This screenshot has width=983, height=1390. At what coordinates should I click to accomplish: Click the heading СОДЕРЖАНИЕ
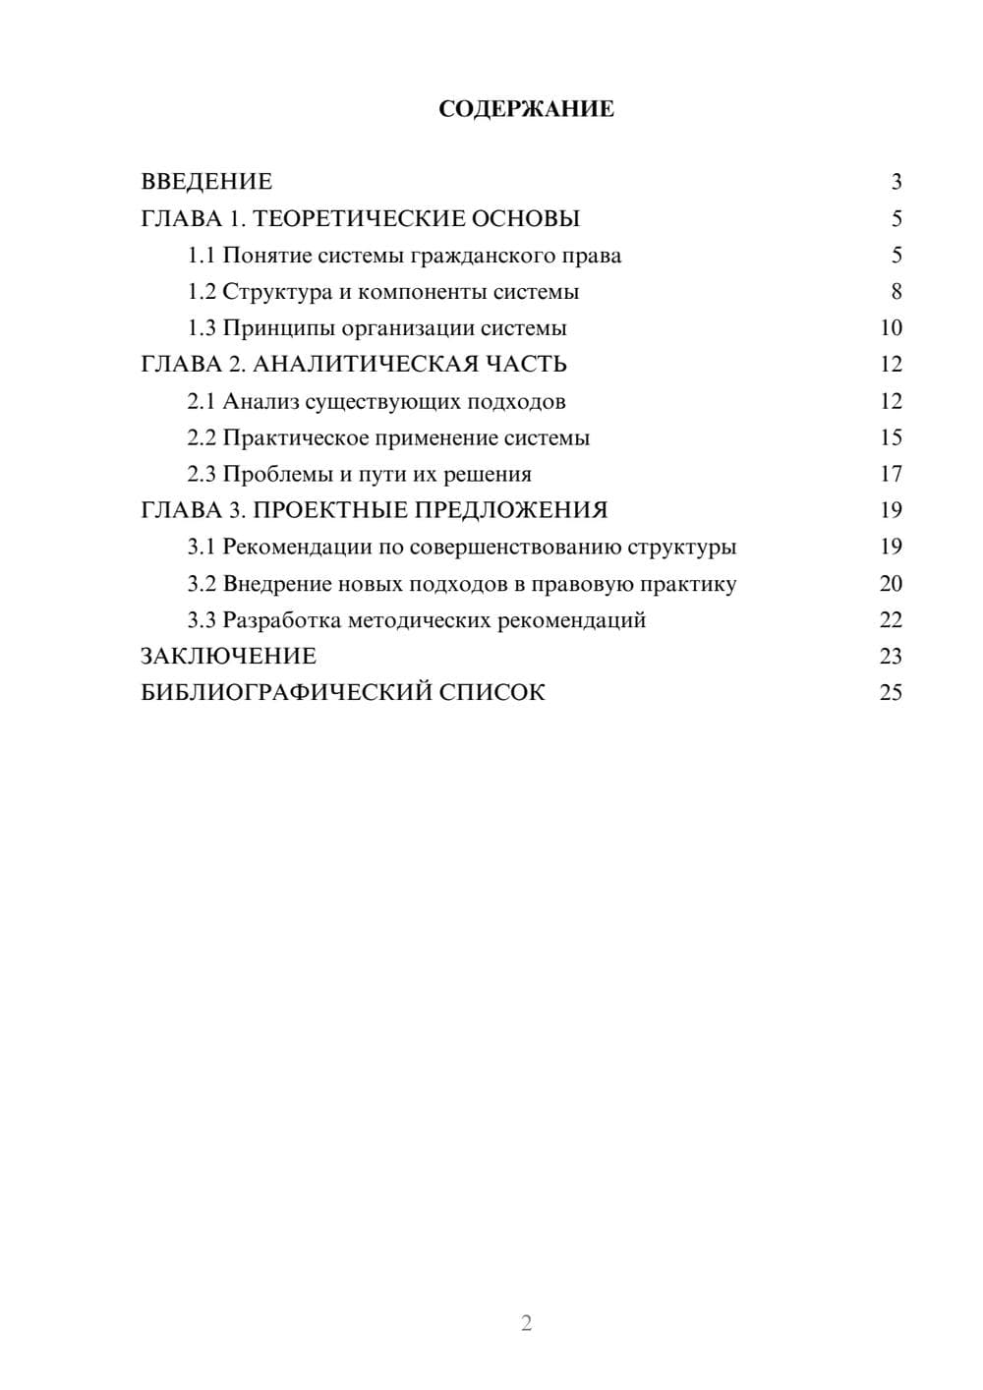click(x=526, y=109)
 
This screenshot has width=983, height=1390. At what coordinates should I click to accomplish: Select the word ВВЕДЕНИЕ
click(x=206, y=182)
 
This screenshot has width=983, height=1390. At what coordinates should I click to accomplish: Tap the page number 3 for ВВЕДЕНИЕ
click(x=896, y=182)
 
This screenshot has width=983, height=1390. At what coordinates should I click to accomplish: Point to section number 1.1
click(x=201, y=256)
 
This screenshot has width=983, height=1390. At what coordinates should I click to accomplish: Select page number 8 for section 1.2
click(x=896, y=292)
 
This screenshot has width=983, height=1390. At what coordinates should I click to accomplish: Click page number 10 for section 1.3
click(x=891, y=328)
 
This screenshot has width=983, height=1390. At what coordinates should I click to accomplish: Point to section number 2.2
click(x=201, y=437)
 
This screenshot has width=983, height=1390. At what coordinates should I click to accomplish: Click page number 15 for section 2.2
click(x=891, y=437)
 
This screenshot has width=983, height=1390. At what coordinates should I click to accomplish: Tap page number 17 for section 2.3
click(x=891, y=474)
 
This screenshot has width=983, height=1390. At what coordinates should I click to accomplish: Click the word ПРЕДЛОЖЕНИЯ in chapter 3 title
click(x=509, y=510)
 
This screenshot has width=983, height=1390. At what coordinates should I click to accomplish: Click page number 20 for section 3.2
click(x=891, y=583)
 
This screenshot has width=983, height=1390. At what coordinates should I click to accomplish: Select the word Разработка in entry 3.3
click(x=281, y=620)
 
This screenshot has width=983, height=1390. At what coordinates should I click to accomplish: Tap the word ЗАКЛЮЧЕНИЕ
click(x=228, y=656)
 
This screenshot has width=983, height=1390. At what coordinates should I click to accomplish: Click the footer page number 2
click(x=526, y=1323)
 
